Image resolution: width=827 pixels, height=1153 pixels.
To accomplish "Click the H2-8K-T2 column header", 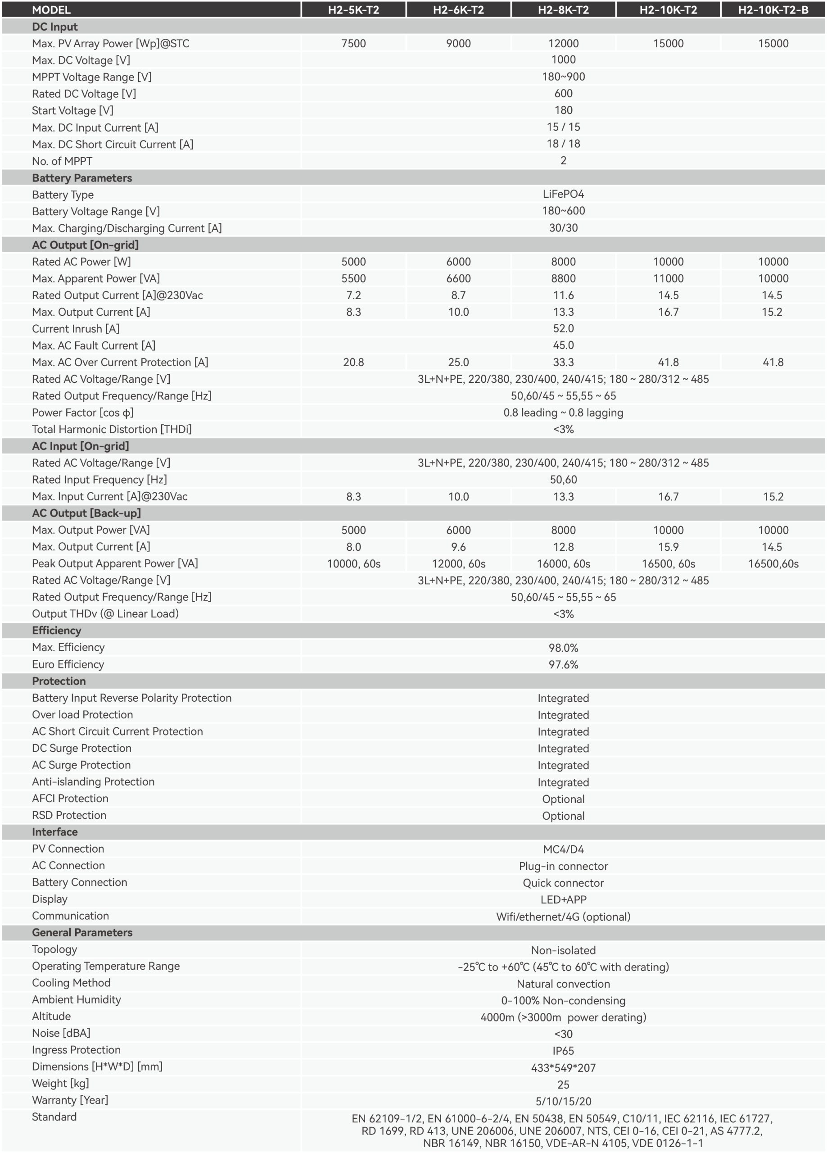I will [x=563, y=9].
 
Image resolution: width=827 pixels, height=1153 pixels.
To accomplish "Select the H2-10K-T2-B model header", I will [x=773, y=9].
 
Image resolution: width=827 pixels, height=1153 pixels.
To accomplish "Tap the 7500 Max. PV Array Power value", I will [x=353, y=43].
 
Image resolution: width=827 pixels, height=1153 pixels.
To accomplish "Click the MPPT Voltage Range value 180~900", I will [x=563, y=77].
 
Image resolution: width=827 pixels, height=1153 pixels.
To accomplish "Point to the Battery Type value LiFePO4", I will [x=563, y=194].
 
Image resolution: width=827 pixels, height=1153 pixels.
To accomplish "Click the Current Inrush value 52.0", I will [x=563, y=328].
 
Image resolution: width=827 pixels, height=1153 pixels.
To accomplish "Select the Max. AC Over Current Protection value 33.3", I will [x=563, y=363].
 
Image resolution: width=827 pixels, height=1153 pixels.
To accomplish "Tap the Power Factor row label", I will [x=83, y=412].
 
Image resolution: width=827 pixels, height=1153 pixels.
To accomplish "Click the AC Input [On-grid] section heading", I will [x=80, y=446].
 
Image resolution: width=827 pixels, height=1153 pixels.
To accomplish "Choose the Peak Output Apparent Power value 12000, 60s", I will [x=458, y=564].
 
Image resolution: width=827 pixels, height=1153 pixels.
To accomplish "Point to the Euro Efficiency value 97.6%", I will [x=563, y=664].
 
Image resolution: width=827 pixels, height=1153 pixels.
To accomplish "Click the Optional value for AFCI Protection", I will [x=563, y=799].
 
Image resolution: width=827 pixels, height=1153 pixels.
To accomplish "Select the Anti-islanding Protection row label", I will [x=93, y=782].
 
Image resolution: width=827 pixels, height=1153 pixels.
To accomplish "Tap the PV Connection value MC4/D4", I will [x=563, y=849].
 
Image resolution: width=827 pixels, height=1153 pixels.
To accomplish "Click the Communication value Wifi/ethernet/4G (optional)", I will [x=563, y=917].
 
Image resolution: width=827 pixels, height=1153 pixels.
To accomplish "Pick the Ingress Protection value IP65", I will [x=563, y=1051].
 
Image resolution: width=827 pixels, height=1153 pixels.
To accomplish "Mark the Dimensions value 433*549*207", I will [x=563, y=1067].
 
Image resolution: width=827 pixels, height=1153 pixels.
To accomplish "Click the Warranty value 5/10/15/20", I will [x=563, y=1101].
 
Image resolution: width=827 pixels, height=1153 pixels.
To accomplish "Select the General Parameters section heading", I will [x=82, y=932].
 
